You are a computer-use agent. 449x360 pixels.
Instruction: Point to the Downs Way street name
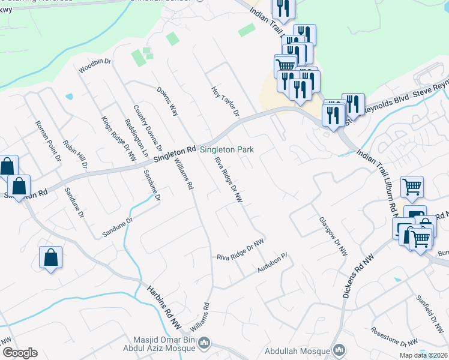pyautogui.click(x=167, y=101)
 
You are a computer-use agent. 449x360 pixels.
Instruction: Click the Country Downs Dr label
pyautogui.click(x=148, y=127)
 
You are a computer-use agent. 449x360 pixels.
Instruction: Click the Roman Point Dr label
pyautogui.click(x=48, y=142)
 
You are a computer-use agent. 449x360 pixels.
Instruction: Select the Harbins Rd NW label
pyautogui.click(x=166, y=309)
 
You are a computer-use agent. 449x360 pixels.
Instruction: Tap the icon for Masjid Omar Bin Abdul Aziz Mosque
pyautogui.click(x=205, y=343)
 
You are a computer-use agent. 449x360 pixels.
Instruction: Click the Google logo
pyautogui.click(x=19, y=353)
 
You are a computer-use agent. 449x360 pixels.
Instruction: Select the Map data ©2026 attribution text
pyautogui.click(x=423, y=355)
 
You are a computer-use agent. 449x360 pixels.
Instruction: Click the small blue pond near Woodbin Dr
pyautogui.click(x=70, y=96)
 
